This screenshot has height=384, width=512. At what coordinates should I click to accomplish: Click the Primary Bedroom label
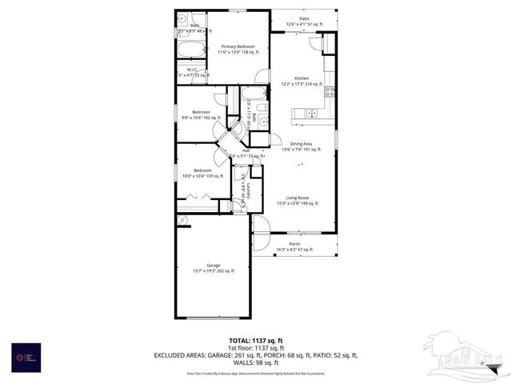click(238, 48)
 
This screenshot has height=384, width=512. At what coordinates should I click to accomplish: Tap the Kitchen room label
click(301, 78)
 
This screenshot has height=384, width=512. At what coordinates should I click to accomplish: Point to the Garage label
click(213, 266)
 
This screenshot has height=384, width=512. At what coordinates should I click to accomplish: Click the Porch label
click(294, 245)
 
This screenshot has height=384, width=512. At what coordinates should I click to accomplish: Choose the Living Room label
click(298, 198)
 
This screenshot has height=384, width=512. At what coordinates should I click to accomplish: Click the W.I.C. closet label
click(193, 70)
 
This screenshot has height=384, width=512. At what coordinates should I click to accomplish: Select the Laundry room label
click(249, 190)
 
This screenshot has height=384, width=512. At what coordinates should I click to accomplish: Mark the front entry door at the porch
click(259, 224)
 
